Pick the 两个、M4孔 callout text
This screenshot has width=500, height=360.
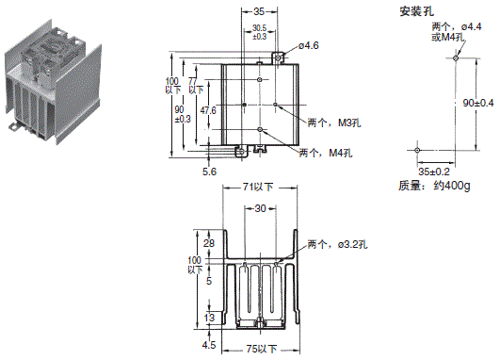326,153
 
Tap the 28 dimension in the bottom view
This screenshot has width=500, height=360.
209,244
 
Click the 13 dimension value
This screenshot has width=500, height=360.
209,319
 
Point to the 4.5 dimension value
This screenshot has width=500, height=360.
209,345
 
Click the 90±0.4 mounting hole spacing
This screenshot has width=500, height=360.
475,102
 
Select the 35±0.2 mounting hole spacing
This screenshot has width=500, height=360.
434,172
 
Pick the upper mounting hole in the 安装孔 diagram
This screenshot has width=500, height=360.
455,58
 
